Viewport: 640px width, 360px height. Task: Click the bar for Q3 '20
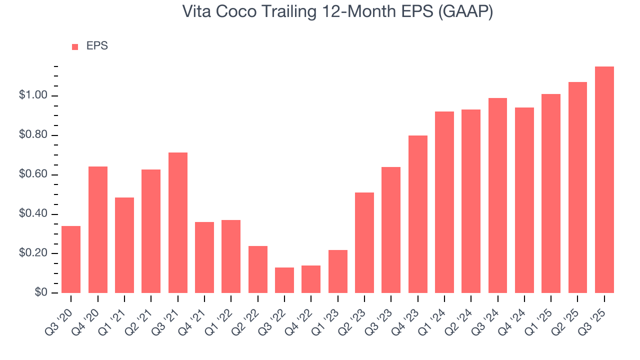(71, 259)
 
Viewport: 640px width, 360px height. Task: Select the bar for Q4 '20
(98, 229)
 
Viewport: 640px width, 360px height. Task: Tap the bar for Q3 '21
(178, 222)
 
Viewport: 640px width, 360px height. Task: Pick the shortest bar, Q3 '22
(284, 280)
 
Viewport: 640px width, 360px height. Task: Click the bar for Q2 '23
(364, 242)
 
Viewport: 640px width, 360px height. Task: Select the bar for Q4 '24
(524, 200)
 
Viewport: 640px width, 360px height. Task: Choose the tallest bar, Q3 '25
(604, 179)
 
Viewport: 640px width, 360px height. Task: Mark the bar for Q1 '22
(231, 256)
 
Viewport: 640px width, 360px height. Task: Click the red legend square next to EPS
(75, 46)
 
